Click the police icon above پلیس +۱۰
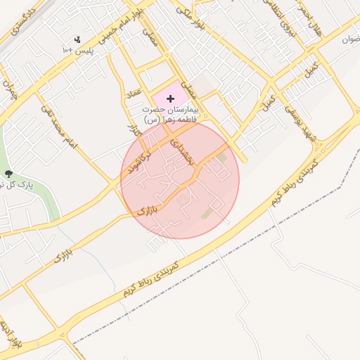point(77,39)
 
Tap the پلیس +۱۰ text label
point(77,51)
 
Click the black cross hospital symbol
point(170,99)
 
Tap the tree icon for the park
point(8,173)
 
